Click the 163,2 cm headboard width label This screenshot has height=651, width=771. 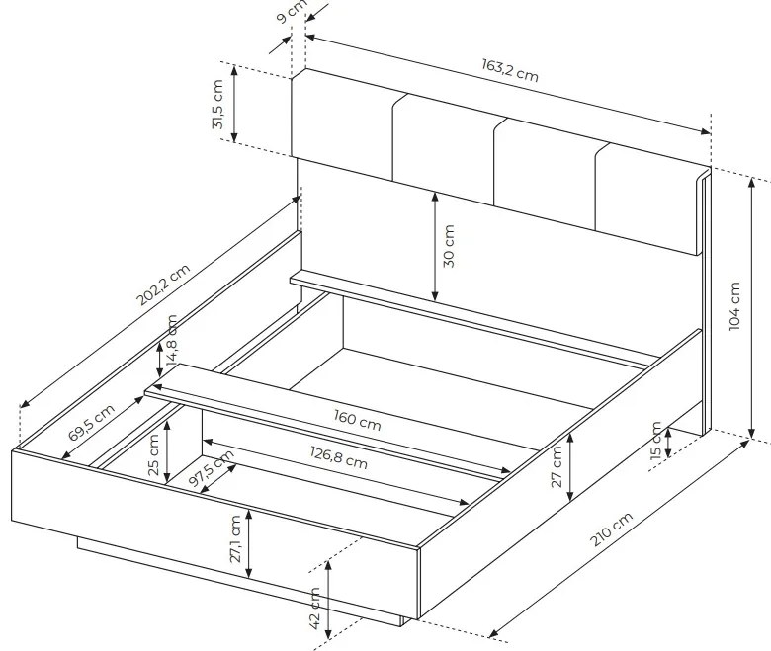tap(509, 70)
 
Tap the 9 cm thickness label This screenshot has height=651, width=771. tap(291, 11)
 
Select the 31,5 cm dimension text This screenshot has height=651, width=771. tap(217, 104)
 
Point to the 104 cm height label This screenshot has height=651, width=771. tap(734, 306)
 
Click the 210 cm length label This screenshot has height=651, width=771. tap(611, 529)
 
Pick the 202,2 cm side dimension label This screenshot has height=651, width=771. tap(163, 285)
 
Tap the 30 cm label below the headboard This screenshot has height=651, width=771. tap(449, 246)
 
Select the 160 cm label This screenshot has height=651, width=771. tap(358, 421)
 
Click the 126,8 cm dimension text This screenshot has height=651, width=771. tap(339, 457)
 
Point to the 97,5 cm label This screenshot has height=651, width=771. tap(212, 468)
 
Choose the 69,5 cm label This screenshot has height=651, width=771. tap(91, 422)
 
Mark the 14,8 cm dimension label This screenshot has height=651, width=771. tap(172, 341)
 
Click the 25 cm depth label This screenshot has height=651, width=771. tap(153, 455)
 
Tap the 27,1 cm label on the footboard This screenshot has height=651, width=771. tap(235, 538)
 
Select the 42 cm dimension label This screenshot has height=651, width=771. tap(315, 608)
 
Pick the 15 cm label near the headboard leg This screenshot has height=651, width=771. tap(656, 441)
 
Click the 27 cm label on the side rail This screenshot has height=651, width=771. tap(557, 466)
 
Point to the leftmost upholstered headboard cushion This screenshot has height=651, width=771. tap(343, 124)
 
